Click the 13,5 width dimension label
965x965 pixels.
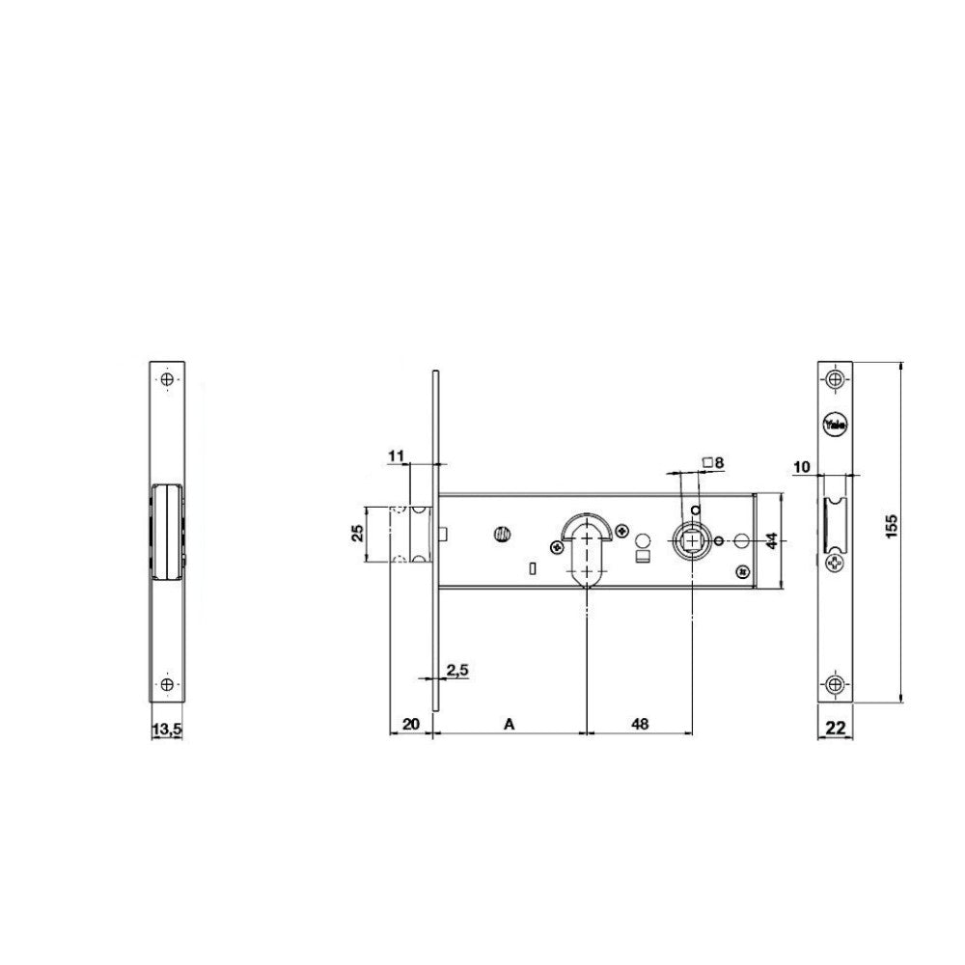click(167, 731)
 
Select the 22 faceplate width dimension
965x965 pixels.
click(836, 729)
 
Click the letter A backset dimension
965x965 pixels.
click(509, 722)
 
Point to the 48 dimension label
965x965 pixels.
click(639, 722)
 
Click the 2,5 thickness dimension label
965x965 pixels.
click(456, 669)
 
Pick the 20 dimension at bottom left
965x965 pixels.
click(409, 722)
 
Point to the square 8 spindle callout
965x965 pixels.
click(714, 462)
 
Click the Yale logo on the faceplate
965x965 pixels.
click(835, 424)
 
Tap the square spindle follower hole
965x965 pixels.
click(693, 541)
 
